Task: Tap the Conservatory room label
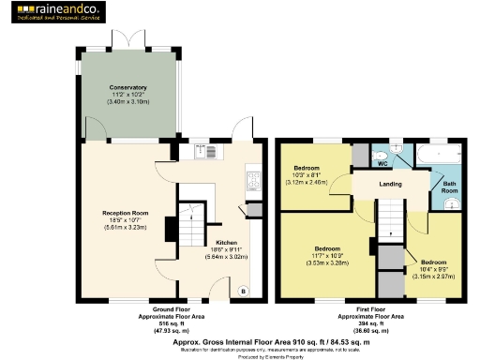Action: [127, 88]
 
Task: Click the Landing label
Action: [391, 184]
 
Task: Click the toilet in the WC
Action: [381, 154]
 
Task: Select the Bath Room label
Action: [449, 187]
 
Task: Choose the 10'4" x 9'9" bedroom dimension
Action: [433, 268]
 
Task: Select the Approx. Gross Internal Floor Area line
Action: [239, 342]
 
